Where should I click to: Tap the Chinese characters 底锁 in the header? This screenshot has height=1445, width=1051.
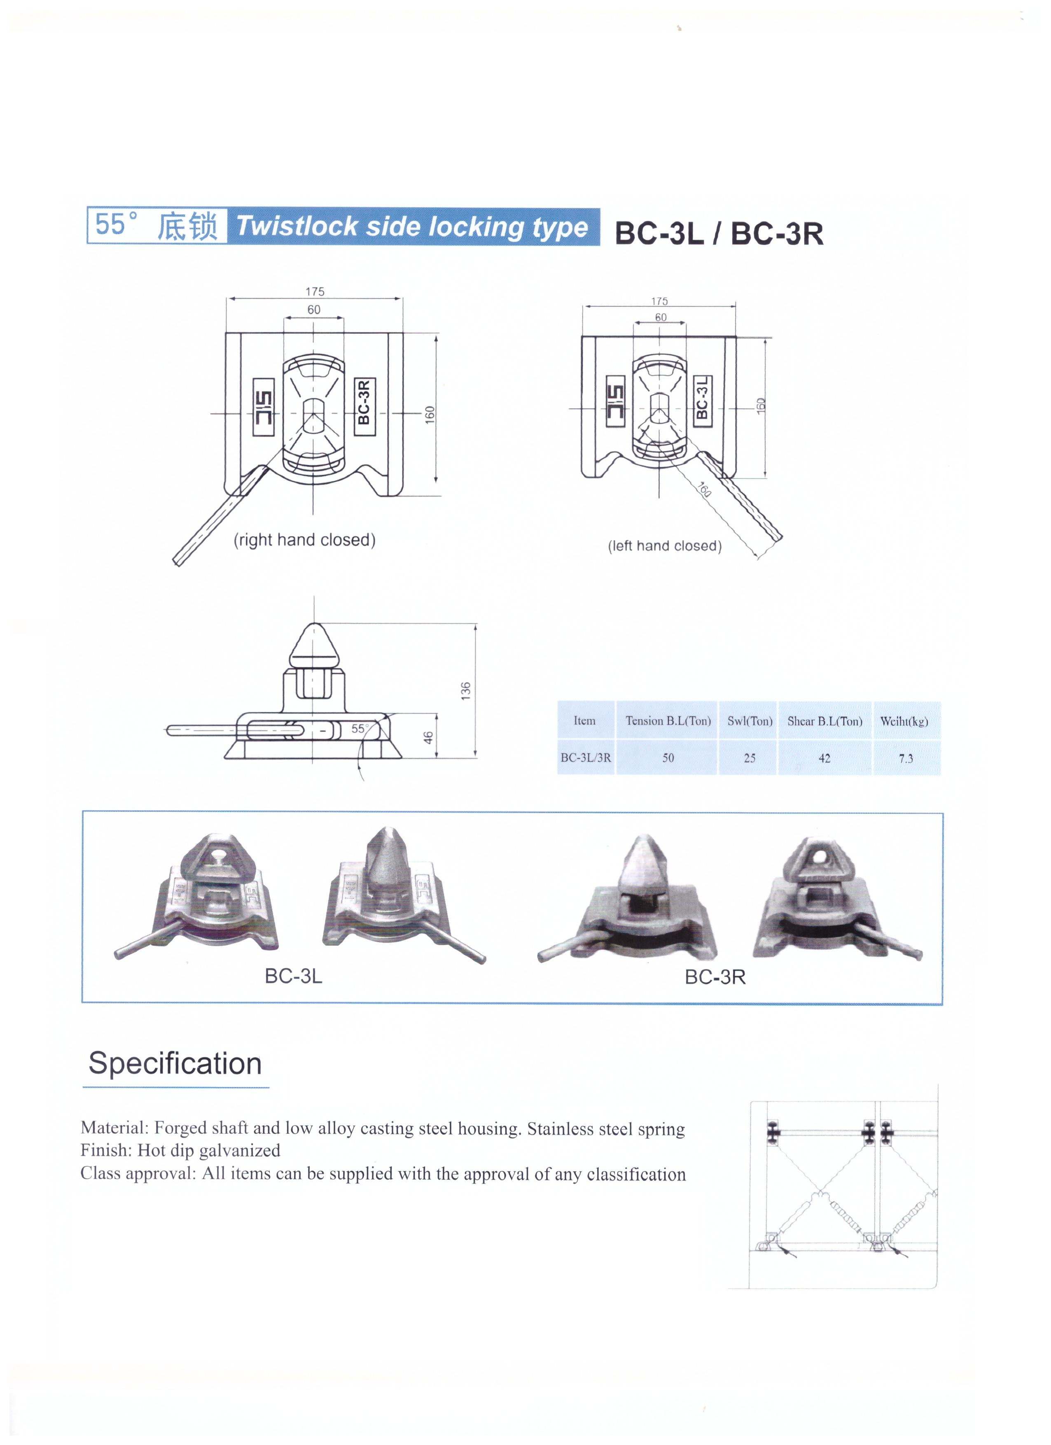click(x=187, y=226)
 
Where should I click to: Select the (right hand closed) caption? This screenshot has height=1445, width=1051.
click(x=305, y=540)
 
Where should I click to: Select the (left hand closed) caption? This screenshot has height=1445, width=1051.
click(x=664, y=546)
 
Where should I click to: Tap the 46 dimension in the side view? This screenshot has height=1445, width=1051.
click(x=428, y=737)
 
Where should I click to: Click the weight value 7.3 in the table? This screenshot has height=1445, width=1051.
click(x=906, y=758)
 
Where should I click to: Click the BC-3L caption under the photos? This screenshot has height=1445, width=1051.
click(x=293, y=976)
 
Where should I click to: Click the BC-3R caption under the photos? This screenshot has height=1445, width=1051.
click(x=715, y=977)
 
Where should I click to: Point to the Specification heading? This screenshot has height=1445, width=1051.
click(x=175, y=1063)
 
